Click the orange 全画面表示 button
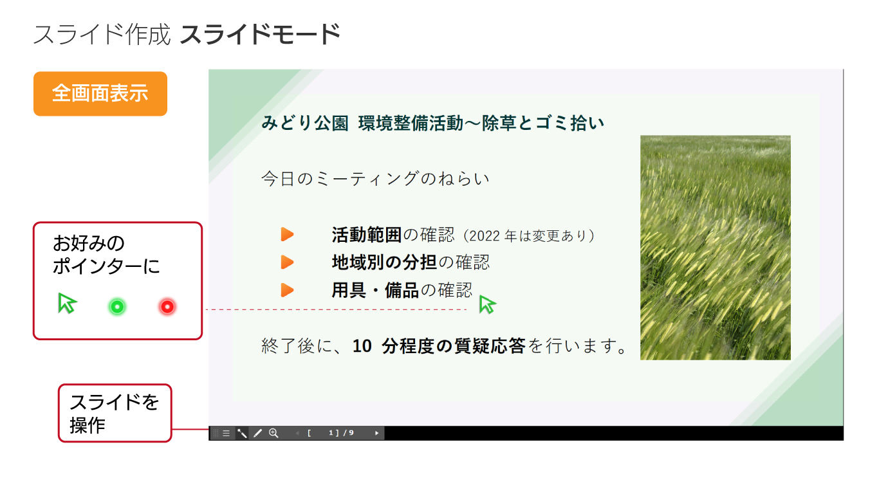100,94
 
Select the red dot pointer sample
167,306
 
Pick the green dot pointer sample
117,306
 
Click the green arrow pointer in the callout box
67,303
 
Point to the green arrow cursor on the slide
487,304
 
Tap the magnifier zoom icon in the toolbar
273,433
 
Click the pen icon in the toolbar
257,433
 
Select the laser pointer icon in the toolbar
242,433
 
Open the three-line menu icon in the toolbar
227,433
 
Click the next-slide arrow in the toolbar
376,433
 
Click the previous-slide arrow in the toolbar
297,433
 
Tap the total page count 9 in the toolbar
351,433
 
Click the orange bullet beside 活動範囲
287,234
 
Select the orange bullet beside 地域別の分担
287,262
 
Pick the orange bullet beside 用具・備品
287,290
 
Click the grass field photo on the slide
716,248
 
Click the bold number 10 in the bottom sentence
362,346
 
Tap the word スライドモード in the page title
260,34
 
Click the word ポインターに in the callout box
106,266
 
